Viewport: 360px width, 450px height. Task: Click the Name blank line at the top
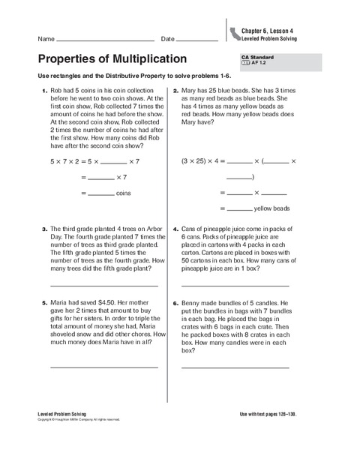(105, 40)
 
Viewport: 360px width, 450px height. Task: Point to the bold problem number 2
(175, 91)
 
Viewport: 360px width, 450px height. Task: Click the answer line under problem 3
(103, 286)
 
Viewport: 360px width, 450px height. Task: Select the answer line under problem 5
(103, 366)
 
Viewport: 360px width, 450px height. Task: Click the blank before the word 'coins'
(100, 194)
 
